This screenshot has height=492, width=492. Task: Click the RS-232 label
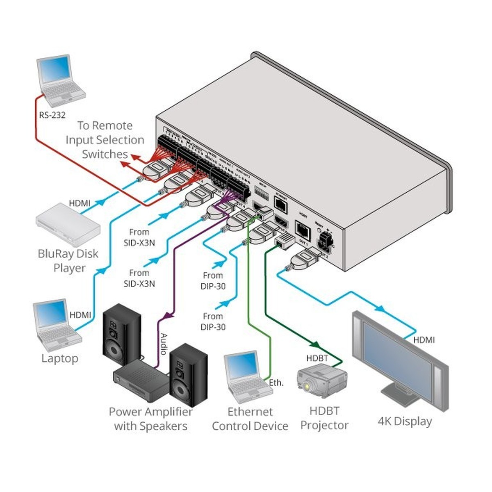pos(52,115)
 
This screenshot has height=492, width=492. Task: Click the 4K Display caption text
pos(405,421)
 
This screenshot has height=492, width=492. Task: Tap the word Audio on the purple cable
pos(163,344)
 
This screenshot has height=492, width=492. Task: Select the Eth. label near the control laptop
pos(276,383)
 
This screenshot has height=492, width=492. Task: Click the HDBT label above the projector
pos(317,358)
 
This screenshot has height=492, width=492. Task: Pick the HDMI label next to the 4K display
pos(424,340)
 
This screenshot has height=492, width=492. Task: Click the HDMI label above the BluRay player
pos(80,203)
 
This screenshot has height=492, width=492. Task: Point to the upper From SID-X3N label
pos(139,237)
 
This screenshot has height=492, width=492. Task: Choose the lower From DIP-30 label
pos(213,321)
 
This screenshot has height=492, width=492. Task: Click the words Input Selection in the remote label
pos(105,140)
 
